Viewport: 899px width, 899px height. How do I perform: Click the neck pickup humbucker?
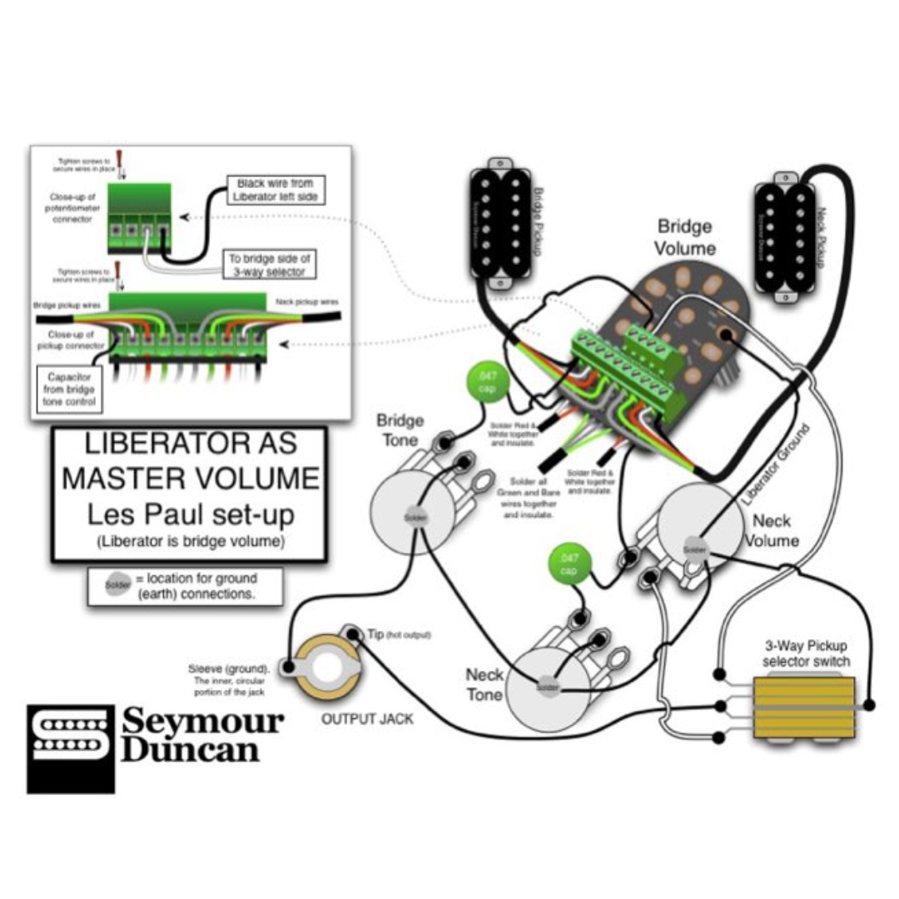coord(784,236)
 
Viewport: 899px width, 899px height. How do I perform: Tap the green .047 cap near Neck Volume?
coord(569,564)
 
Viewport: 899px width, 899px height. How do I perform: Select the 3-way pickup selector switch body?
coord(803,708)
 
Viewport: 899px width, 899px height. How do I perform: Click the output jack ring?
coord(327,667)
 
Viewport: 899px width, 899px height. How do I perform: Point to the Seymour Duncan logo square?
coord(70,748)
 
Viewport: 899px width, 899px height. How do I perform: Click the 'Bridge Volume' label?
coord(684,237)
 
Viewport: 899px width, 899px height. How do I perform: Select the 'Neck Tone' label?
coord(484,683)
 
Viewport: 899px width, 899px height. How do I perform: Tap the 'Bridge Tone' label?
coord(400,430)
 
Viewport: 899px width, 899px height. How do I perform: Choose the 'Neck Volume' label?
coord(772,530)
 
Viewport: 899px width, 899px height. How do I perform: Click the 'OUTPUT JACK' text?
coord(367,718)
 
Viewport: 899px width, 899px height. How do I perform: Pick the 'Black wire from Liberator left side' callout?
coord(274,190)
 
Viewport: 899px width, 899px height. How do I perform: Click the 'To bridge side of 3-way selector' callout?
coord(270,266)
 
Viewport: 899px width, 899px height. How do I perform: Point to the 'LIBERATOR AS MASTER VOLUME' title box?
coord(190,495)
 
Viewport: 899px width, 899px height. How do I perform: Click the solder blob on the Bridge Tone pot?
coord(414,516)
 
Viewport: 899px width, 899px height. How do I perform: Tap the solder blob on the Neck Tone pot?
coord(547,687)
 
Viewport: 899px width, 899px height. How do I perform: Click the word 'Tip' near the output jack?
coord(374,634)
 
